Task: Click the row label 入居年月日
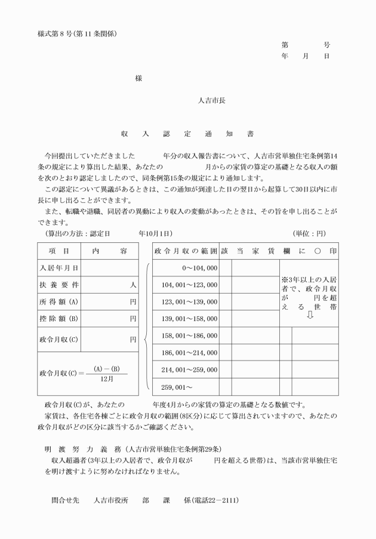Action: [x=59, y=269]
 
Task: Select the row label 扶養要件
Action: [x=59, y=285]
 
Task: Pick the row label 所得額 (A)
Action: [x=59, y=302]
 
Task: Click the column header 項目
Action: [x=59, y=251]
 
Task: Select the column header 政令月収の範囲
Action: [x=186, y=251]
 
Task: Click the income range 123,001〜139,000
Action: [x=189, y=302]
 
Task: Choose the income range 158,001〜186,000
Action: [x=189, y=336]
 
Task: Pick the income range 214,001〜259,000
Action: [x=189, y=370]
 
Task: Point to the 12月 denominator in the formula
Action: [x=106, y=378]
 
